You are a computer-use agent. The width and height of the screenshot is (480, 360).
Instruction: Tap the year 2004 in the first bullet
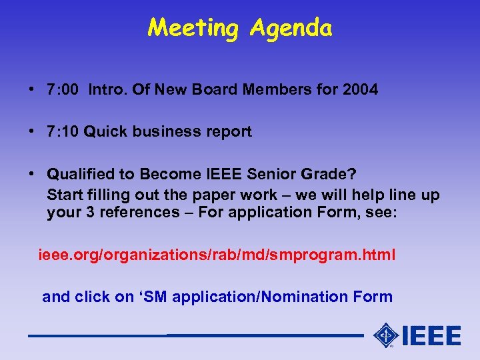[x=359, y=89]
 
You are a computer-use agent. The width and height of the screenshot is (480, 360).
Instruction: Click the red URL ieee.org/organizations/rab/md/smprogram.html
[x=217, y=255]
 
